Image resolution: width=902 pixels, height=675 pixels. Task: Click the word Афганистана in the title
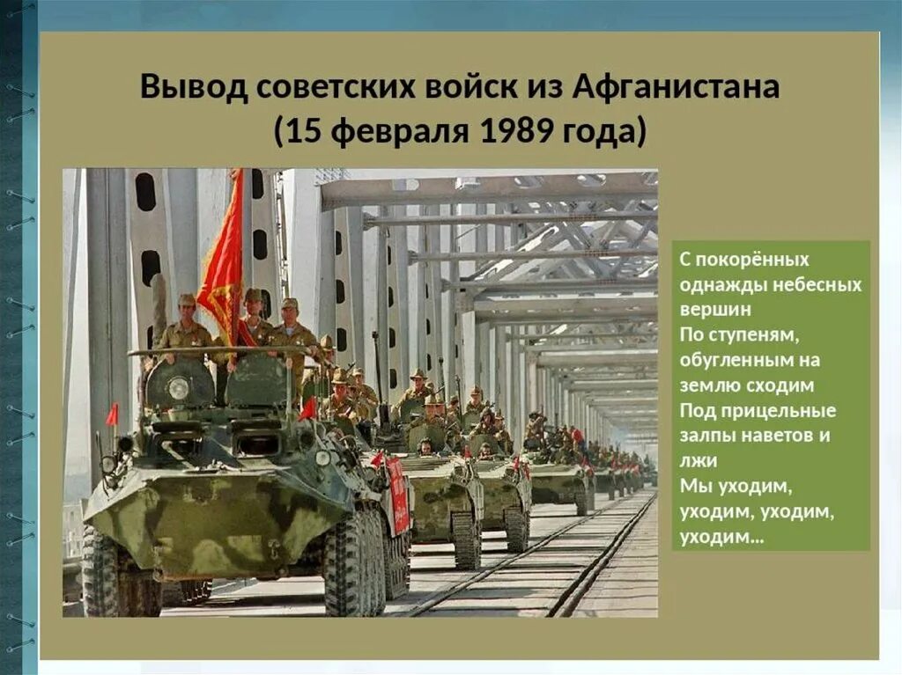[676, 89]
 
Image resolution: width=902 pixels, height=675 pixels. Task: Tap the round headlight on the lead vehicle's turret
[179, 387]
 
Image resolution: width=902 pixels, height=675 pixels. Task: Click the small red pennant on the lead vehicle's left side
[112, 414]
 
